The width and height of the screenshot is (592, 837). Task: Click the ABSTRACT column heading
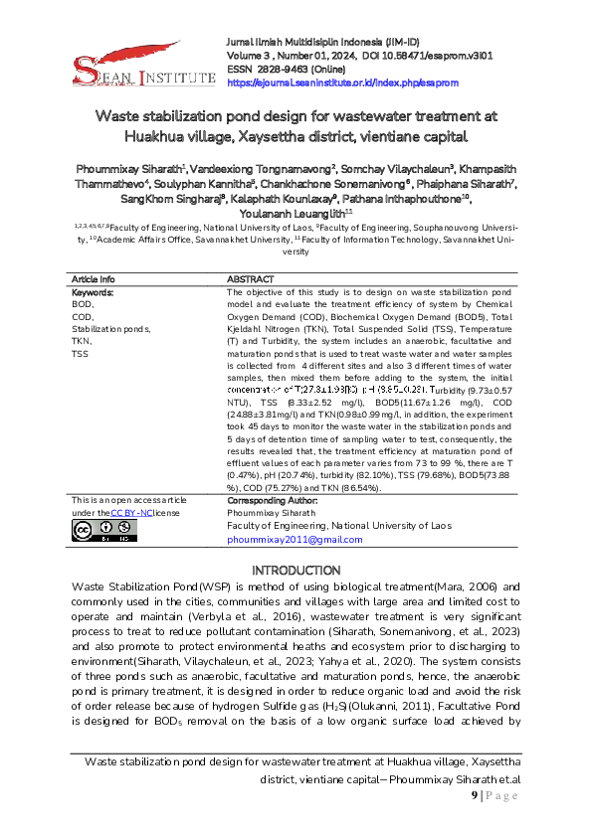tap(251, 279)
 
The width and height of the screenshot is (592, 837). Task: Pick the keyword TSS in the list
tap(81, 352)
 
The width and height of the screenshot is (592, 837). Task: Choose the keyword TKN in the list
tap(81, 340)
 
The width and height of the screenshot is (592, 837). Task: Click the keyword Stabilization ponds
tap(111, 328)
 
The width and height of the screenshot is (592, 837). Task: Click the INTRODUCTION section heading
tap(296, 571)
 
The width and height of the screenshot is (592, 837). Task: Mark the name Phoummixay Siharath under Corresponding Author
tap(267, 514)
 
